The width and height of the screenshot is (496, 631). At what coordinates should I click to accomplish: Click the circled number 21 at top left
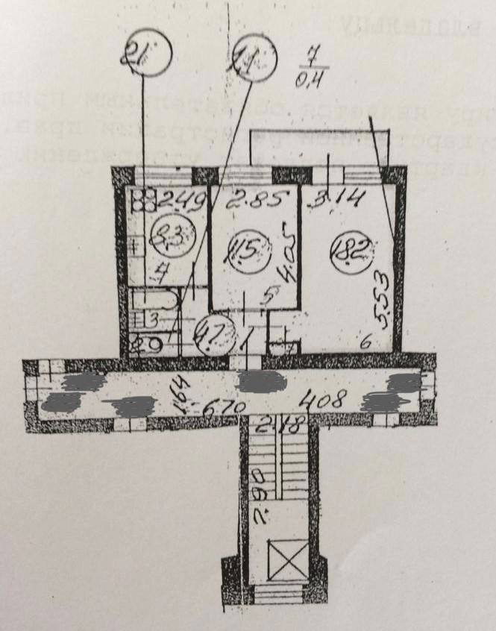click(x=148, y=54)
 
